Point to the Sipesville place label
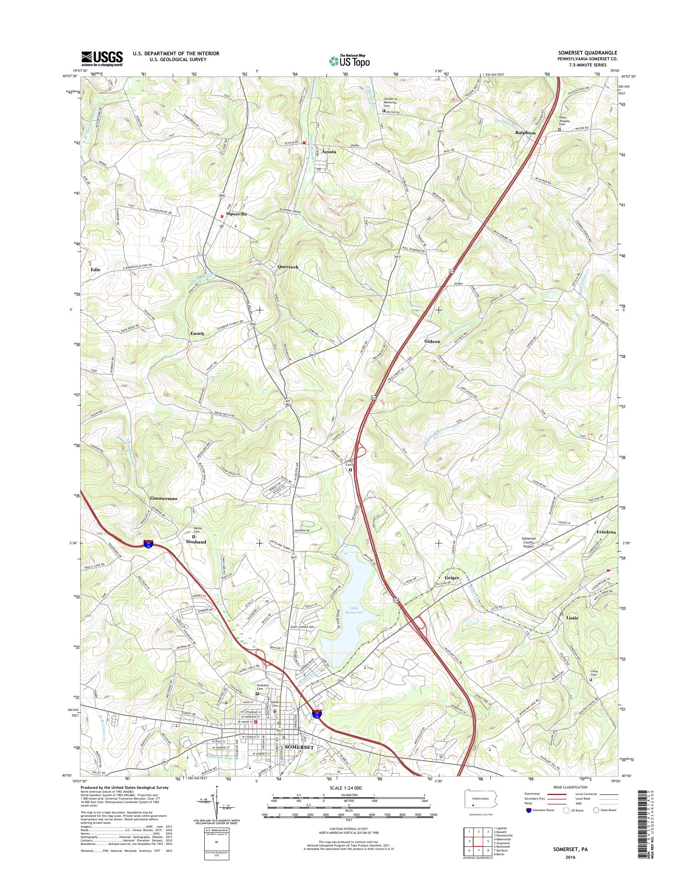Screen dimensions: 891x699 pyautogui.click(x=237, y=214)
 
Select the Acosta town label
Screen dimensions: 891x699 pyautogui.click(x=329, y=152)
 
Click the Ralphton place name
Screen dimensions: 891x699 pyautogui.click(x=525, y=133)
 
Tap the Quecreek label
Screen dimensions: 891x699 pyautogui.click(x=288, y=267)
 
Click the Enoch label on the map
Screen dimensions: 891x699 pyautogui.click(x=197, y=334)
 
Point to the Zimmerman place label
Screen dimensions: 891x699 pyautogui.click(x=163, y=498)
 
